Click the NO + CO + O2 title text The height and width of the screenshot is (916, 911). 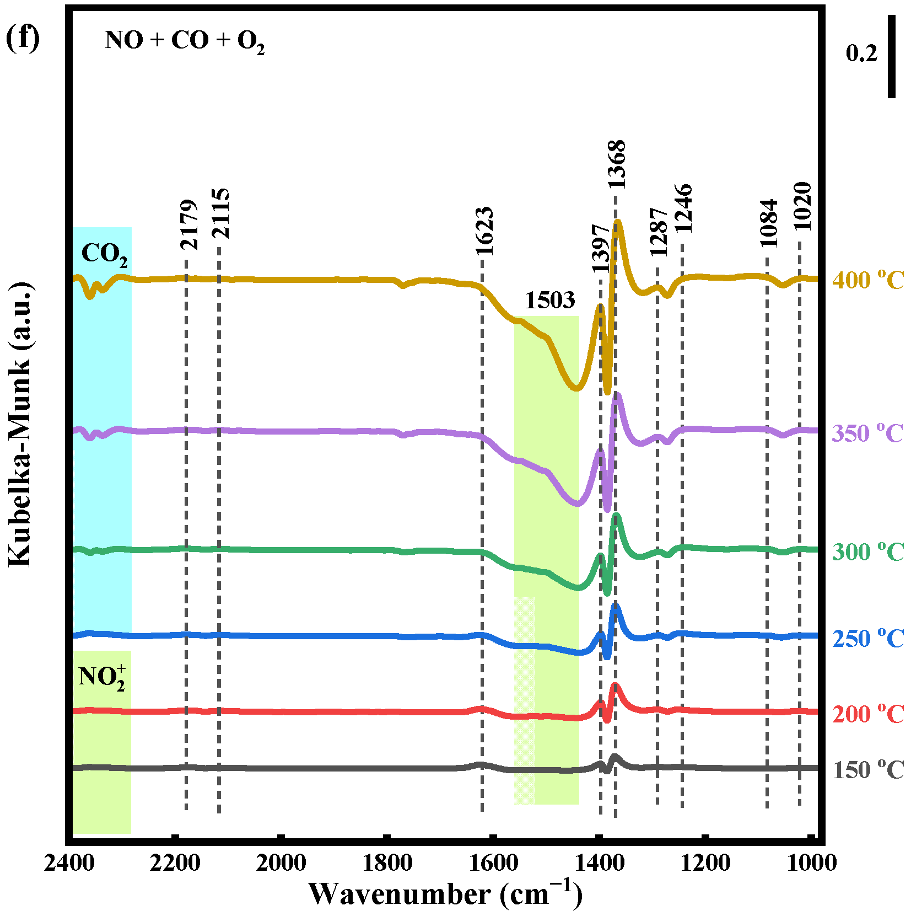(185, 41)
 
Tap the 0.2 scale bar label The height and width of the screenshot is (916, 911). (861, 53)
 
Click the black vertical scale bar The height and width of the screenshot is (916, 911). (892, 56)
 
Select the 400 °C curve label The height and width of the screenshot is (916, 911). (868, 280)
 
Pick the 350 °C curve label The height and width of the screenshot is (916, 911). (868, 433)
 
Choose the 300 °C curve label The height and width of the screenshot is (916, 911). (868, 552)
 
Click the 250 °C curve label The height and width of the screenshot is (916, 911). (868, 639)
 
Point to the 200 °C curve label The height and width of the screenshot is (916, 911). (868, 715)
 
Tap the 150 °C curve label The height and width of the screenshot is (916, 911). (868, 770)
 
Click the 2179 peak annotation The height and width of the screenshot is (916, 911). (189, 225)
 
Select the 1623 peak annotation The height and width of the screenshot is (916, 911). (484, 231)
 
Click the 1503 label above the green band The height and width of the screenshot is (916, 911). (549, 301)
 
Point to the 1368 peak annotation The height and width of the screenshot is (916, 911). (617, 164)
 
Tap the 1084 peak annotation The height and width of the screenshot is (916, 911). (768, 223)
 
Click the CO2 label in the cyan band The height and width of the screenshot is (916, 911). (104, 255)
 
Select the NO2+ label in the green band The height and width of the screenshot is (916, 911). (102, 678)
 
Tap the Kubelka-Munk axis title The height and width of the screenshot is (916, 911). (20, 424)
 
